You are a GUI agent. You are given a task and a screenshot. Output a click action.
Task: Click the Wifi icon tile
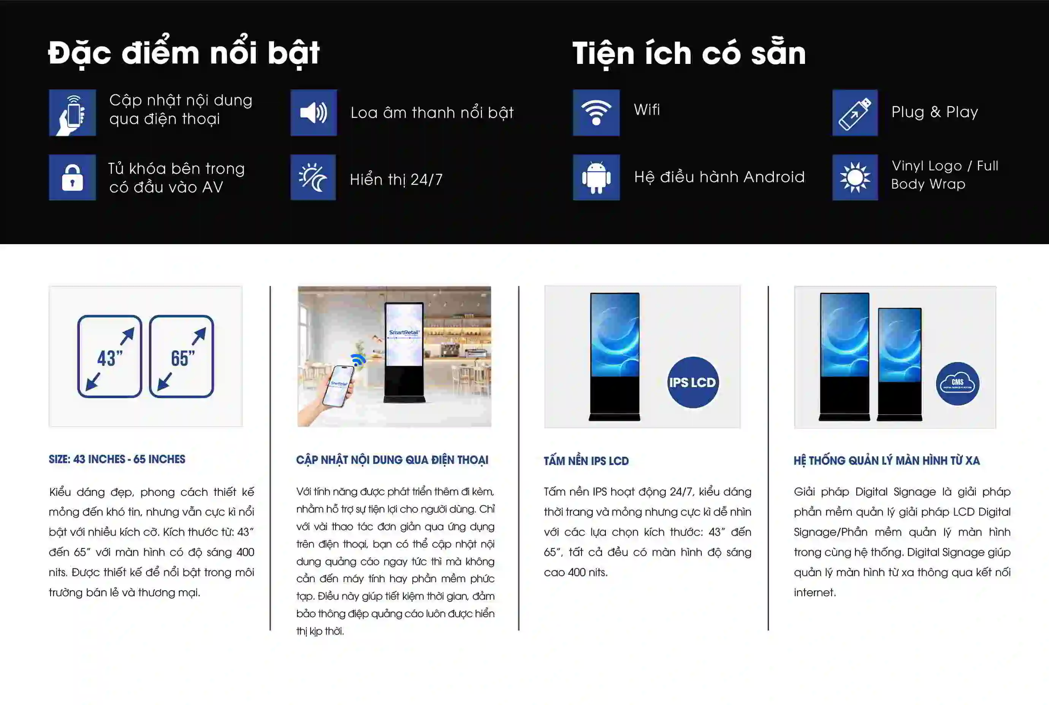pyautogui.click(x=596, y=113)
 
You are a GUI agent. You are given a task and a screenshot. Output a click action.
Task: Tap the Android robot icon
pyautogui.click(x=596, y=178)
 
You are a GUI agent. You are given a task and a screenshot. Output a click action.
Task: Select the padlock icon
pyautogui.click(x=72, y=178)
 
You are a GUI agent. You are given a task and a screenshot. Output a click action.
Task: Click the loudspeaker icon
pyautogui.click(x=313, y=113)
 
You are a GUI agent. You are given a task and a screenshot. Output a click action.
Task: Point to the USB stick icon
pyautogui.click(x=855, y=113)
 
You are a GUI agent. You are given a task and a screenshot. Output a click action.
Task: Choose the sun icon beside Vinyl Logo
pyautogui.click(x=855, y=178)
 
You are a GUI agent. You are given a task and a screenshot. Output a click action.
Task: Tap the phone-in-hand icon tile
pyautogui.click(x=72, y=113)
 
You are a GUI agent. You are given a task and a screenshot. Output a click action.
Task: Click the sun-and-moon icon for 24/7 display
pyautogui.click(x=313, y=178)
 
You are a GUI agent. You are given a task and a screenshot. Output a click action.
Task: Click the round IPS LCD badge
pyautogui.click(x=692, y=382)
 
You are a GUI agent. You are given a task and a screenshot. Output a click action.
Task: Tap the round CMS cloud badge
pyautogui.click(x=957, y=384)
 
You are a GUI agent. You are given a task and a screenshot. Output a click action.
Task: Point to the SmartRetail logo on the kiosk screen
pyautogui.click(x=404, y=333)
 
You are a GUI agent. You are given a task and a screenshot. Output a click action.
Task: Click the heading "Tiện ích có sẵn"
pyautogui.click(x=689, y=54)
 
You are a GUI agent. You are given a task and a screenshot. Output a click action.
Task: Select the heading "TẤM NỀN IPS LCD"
pyautogui.click(x=586, y=461)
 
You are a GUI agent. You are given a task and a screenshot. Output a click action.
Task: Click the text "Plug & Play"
pyautogui.click(x=934, y=112)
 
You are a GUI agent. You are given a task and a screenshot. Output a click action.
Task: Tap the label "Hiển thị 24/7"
pyautogui.click(x=396, y=179)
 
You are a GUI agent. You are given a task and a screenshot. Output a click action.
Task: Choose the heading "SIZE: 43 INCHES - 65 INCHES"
pyautogui.click(x=117, y=459)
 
